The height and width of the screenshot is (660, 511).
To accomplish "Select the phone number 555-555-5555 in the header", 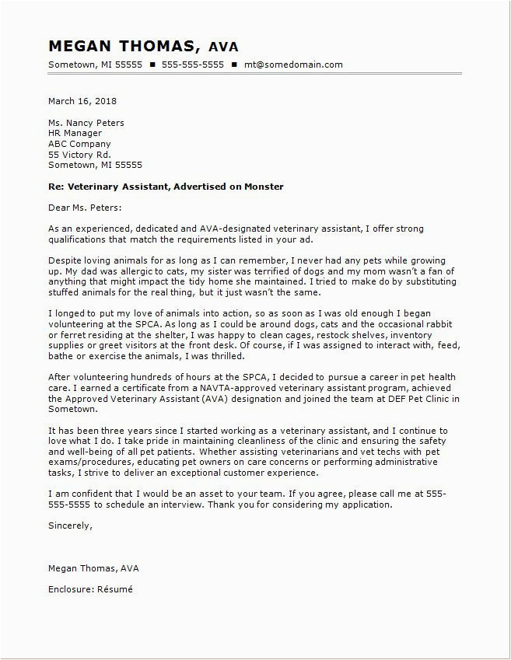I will [193, 65].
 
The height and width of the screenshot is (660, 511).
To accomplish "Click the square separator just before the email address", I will [234, 65].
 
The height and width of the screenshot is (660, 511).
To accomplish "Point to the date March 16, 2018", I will [82, 101].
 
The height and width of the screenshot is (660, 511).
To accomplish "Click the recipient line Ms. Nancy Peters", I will [86, 123].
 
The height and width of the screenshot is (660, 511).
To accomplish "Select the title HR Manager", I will [75, 133].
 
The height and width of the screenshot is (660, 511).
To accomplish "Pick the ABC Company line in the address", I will [79, 144].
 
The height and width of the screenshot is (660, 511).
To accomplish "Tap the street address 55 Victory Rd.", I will [79, 154].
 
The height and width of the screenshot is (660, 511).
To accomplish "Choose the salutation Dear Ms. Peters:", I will [85, 208].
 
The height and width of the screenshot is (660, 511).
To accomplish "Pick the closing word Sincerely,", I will [70, 525].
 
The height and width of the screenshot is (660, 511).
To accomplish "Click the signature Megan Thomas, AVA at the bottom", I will [93, 568].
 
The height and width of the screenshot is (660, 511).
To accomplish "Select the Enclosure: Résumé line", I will [90, 588].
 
